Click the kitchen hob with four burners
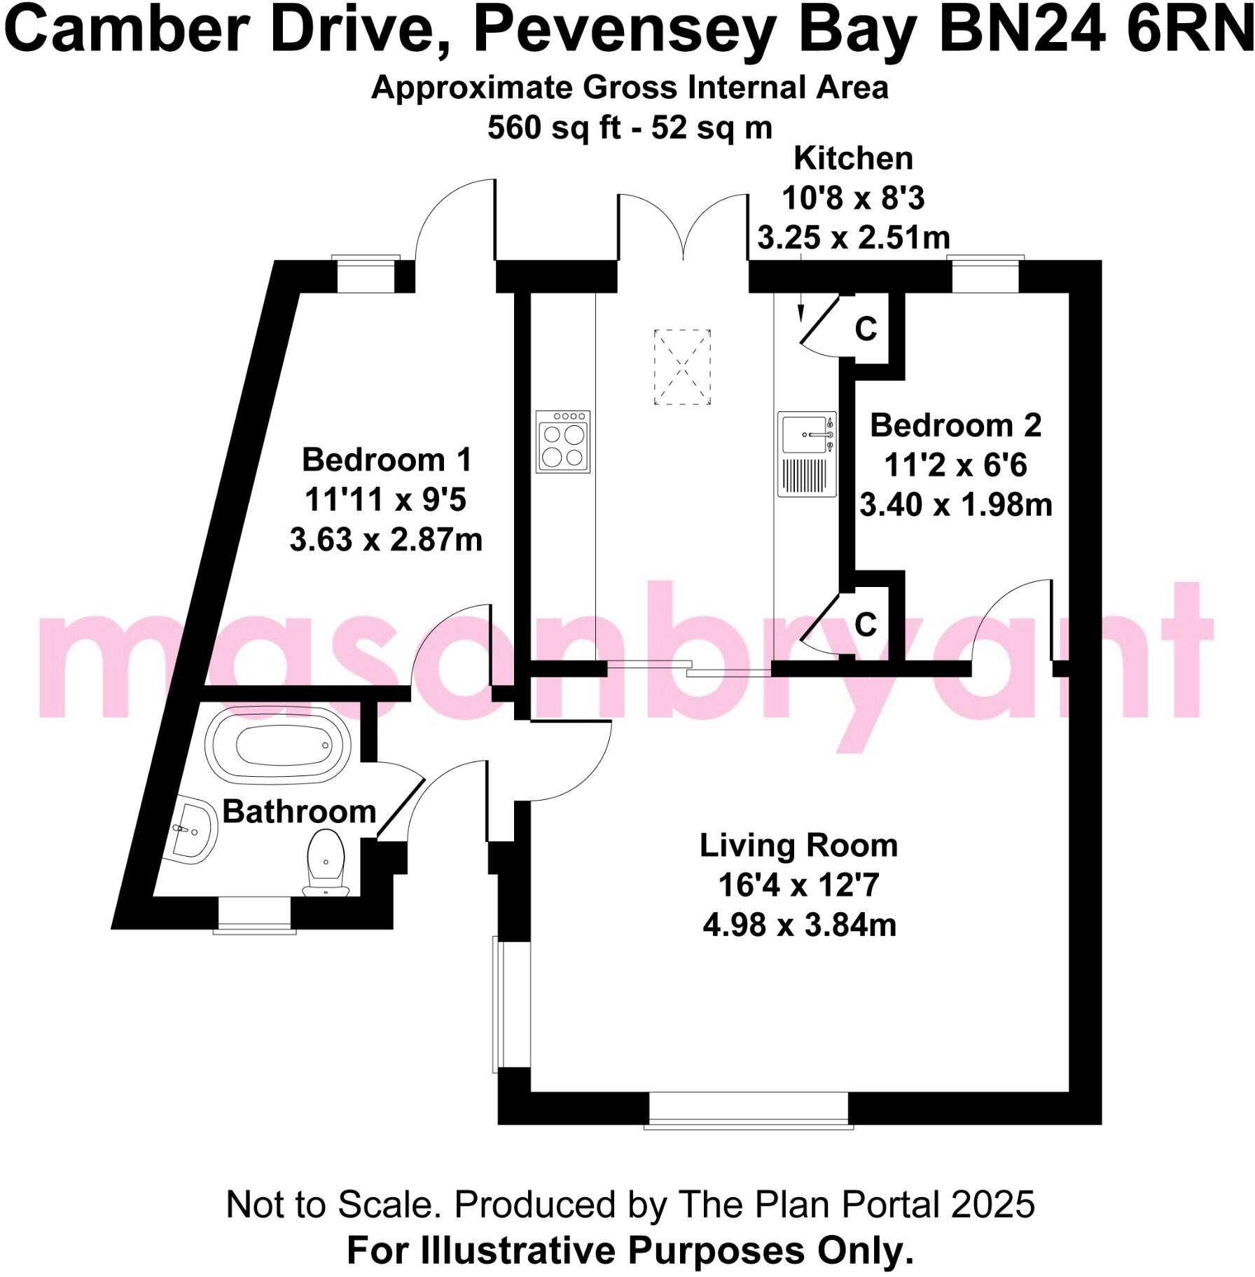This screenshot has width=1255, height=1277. coord(563,441)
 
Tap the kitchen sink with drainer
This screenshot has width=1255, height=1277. coord(807,454)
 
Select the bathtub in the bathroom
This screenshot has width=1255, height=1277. coord(278,745)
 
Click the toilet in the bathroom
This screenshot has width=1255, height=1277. coord(326,862)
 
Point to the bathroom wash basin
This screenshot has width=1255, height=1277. coord(193,831)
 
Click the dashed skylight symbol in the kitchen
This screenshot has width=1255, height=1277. coord(681,367)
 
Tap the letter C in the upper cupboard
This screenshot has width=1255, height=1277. coord(866,329)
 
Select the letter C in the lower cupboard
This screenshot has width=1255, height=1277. coord(866,624)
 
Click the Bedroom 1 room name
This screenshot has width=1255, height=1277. coord(387,460)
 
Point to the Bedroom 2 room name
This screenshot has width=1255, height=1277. coord(955,425)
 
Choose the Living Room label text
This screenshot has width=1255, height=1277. coord(798,845)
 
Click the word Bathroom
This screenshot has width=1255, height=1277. coord(300,812)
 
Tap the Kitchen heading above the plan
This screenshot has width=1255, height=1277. coord(853,159)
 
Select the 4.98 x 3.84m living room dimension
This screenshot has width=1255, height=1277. coord(799,925)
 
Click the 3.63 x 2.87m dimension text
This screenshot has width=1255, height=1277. coord(386,540)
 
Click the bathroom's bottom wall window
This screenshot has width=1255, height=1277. coord(255,915)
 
